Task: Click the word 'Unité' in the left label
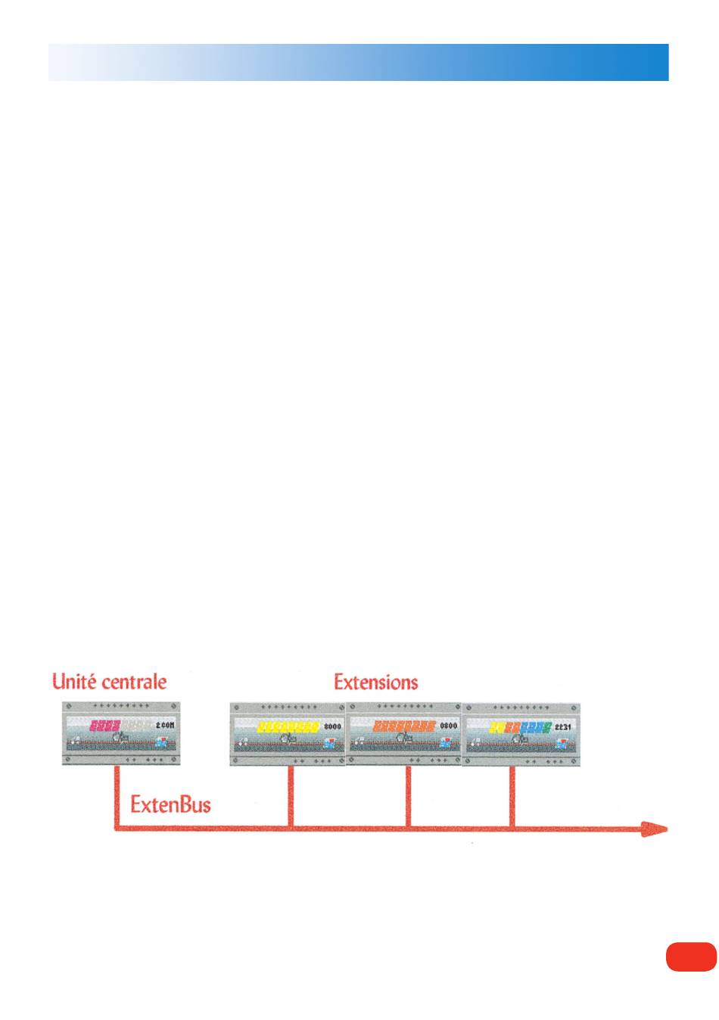coord(74,681)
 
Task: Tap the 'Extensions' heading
coord(376,682)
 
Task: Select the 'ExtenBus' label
coord(170,804)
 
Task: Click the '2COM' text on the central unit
coord(165,725)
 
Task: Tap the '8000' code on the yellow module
coord(333,726)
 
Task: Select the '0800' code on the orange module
coord(449,726)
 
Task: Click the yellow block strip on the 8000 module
coord(288,726)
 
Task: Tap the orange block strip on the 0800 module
coord(404,726)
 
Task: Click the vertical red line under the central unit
coord(117,795)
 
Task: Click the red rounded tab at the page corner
coord(691,956)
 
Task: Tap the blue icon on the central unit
coord(160,744)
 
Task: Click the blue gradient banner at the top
coord(359,62)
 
